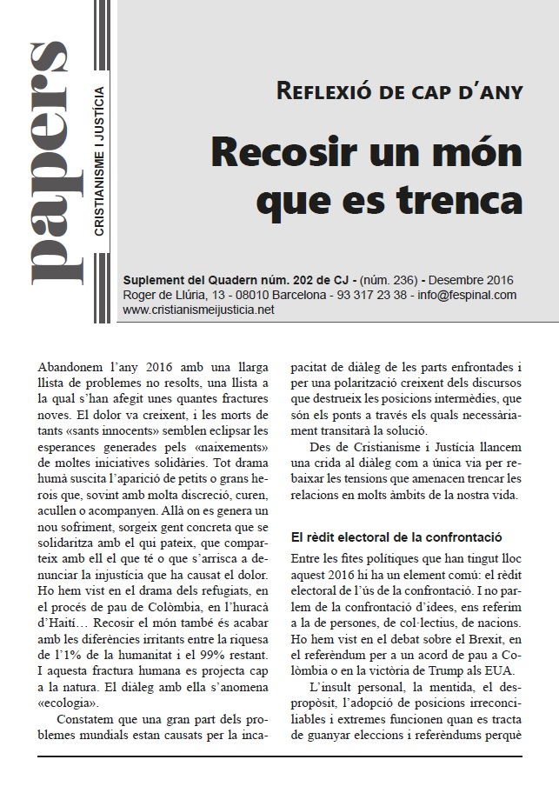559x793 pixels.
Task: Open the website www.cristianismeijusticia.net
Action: [205, 310]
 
